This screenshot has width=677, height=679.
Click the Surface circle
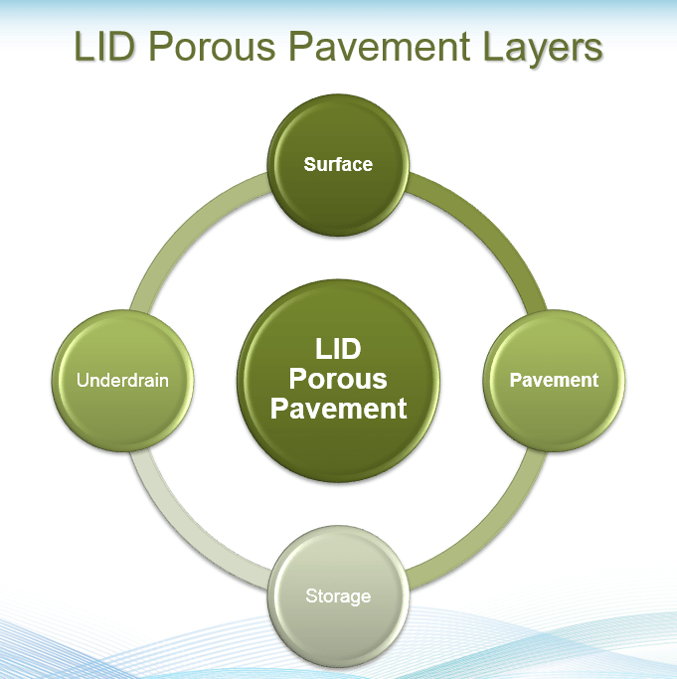coord(338,164)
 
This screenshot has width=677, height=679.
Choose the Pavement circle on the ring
coord(554,380)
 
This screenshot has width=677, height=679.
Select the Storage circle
coord(338,595)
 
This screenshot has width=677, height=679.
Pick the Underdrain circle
coord(123,380)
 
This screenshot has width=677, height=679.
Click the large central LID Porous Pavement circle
coord(339,379)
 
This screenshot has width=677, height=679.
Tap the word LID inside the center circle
coord(338,349)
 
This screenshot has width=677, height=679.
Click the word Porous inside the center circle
coord(339,379)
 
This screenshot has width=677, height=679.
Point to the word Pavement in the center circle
coord(339,409)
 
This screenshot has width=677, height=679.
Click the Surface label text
coord(338,164)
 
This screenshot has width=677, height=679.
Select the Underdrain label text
coord(123,380)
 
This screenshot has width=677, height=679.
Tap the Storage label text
coord(338,596)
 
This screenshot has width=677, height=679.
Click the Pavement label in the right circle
coord(554,380)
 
